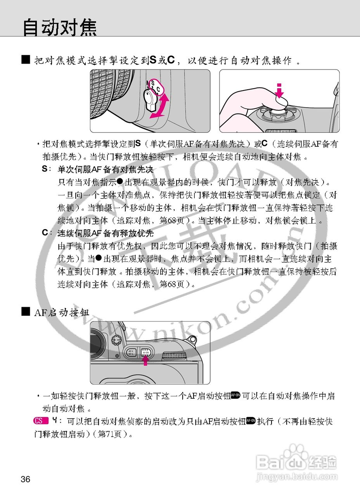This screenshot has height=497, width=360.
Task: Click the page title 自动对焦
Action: click(59, 27)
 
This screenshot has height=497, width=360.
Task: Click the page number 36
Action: click(26, 479)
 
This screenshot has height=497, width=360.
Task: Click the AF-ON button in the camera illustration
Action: click(146, 352)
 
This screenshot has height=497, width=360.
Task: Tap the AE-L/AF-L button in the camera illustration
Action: click(131, 352)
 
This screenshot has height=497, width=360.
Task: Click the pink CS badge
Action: click(40, 421)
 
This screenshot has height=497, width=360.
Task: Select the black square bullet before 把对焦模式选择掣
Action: click(26, 60)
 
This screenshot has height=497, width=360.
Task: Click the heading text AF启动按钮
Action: click(62, 312)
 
